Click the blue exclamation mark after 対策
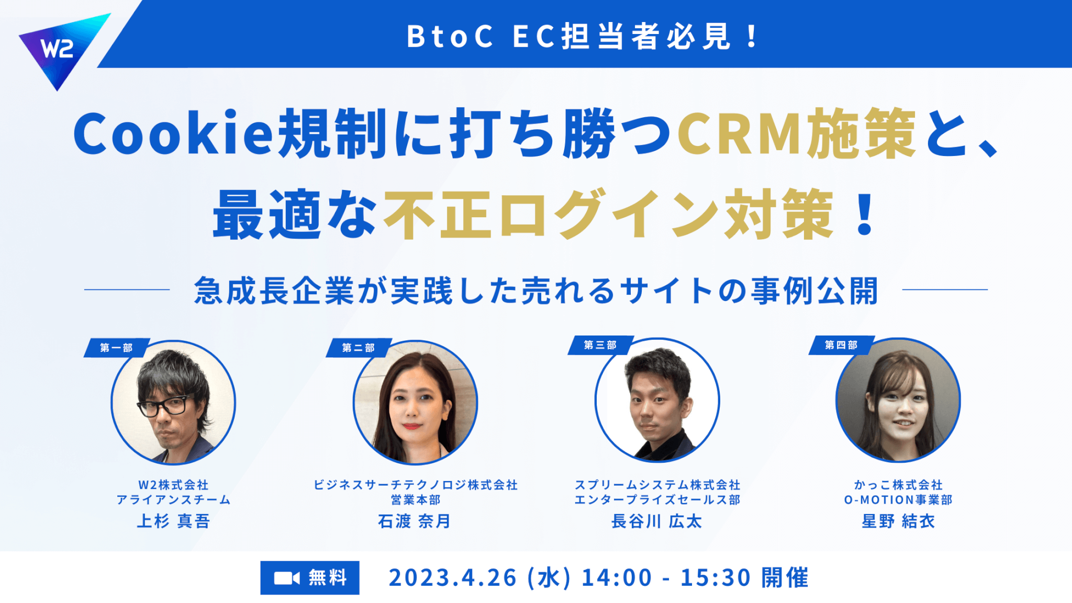tap(864, 214)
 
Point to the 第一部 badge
tap(117, 348)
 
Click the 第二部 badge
tap(359, 348)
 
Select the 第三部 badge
tap(600, 345)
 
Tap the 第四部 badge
tap(841, 345)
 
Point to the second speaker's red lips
tap(412, 426)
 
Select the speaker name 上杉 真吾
tap(173, 521)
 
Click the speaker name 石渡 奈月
tap(415, 521)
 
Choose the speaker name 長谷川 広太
tap(657, 521)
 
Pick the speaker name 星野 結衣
tap(898, 521)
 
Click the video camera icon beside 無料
tap(287, 578)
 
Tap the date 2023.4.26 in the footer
tap(453, 578)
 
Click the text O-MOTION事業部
tap(898, 500)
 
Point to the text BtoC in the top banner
tap(450, 37)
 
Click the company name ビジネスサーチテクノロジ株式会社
tap(416, 485)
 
